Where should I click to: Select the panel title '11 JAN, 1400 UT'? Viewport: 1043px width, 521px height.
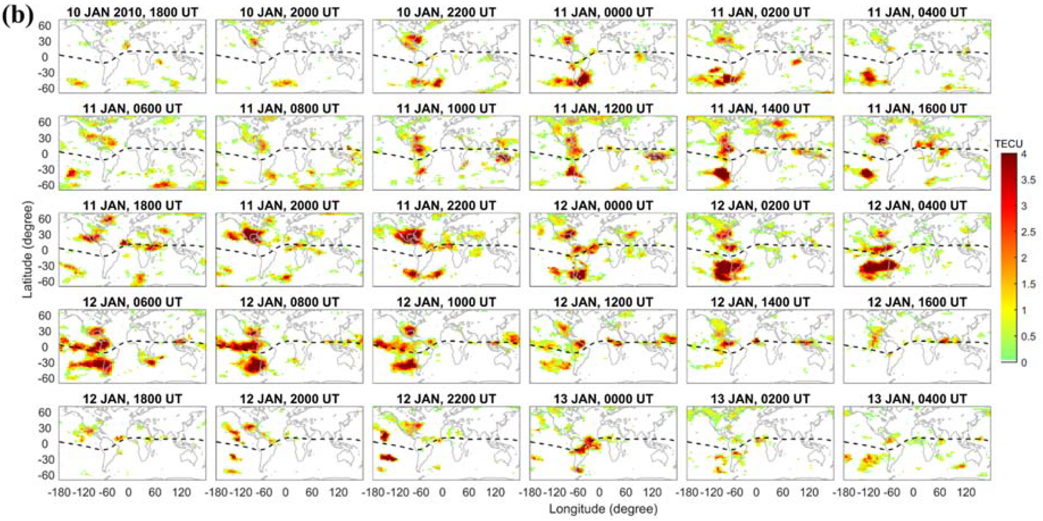click(760, 109)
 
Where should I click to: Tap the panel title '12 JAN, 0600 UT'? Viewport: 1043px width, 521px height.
click(132, 302)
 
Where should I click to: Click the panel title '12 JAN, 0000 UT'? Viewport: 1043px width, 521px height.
click(603, 206)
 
